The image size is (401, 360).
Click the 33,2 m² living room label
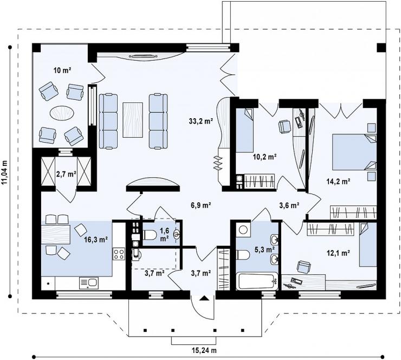(x=201, y=121)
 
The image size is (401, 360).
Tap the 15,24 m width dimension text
(x=204, y=350)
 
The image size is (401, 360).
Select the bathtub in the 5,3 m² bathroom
(x=257, y=281)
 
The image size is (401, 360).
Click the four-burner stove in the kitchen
(x=119, y=254)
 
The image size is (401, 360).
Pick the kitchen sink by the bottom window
(x=89, y=283)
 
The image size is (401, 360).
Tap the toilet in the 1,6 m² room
(x=150, y=235)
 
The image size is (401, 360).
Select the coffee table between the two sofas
(x=133, y=120)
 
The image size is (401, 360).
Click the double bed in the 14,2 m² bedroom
(x=354, y=152)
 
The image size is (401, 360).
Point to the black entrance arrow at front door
(x=204, y=298)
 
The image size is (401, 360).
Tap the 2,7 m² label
(x=66, y=174)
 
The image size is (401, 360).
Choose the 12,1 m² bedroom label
(x=338, y=253)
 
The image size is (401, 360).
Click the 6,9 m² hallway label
(x=200, y=205)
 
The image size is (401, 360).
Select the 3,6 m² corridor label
(x=289, y=205)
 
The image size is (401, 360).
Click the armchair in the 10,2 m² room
(x=284, y=127)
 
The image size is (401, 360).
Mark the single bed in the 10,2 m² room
(x=244, y=131)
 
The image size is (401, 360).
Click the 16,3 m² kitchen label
(x=96, y=240)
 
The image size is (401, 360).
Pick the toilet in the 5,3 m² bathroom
(x=243, y=255)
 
